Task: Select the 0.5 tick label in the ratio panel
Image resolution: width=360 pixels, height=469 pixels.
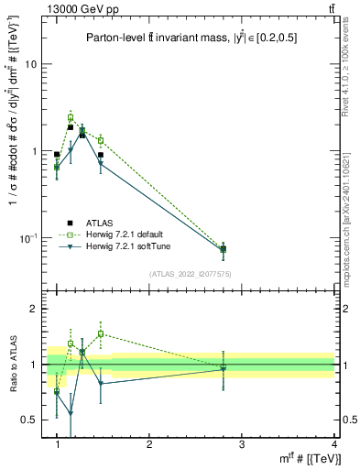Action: pyautogui.click(x=29, y=420)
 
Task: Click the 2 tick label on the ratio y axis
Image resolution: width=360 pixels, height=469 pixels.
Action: pyautogui.click(x=33, y=309)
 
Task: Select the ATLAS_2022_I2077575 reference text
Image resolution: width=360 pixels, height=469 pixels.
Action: pyautogui.click(x=189, y=274)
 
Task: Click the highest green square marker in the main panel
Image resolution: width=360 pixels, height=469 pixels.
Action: pyautogui.click(x=71, y=117)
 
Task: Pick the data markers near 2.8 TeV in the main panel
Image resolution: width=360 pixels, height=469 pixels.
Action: pyautogui.click(x=223, y=248)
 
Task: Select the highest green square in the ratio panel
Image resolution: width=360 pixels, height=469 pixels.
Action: pyautogui.click(x=101, y=333)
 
